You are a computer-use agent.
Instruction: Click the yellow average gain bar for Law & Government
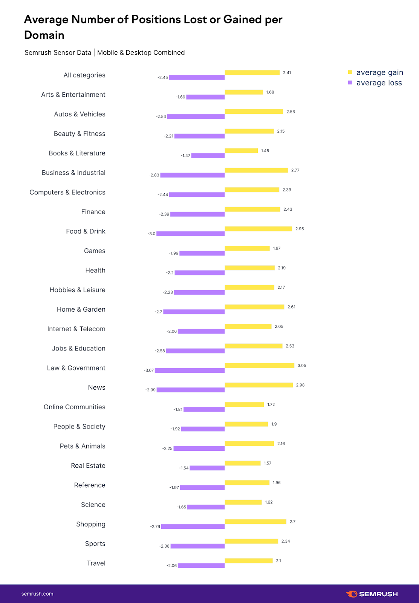[259, 366]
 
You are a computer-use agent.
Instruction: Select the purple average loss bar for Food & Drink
[191, 234]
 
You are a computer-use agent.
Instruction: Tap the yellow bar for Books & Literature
[241, 151]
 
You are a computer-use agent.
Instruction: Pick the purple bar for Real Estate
[207, 468]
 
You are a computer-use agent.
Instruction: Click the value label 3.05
[302, 366]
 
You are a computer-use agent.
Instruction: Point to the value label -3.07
[148, 370]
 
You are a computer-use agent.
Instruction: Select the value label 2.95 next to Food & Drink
[300, 229]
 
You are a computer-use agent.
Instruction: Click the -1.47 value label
[185, 156]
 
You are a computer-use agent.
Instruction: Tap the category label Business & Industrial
[73, 173]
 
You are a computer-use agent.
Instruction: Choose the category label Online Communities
[75, 407]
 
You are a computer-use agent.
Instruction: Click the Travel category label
[96, 563]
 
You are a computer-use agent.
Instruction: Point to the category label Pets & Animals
[83, 446]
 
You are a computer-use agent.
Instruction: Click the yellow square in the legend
[350, 72]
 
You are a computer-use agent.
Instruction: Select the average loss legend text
[379, 83]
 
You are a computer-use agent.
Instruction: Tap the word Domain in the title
[44, 35]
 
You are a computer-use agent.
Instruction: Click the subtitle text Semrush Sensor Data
[58, 52]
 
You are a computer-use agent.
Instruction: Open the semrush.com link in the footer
[37, 594]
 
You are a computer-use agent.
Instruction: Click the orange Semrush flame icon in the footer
[352, 594]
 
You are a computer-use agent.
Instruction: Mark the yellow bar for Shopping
[255, 522]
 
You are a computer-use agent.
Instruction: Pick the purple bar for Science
[206, 507]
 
